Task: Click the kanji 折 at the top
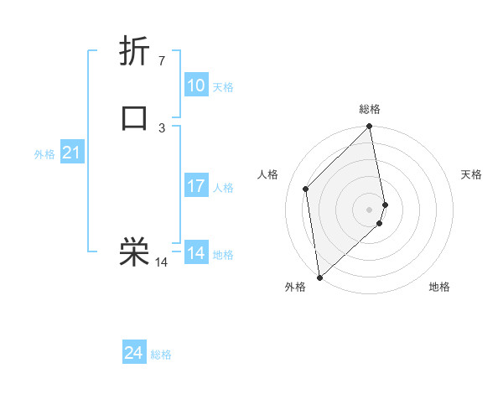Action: [135, 51]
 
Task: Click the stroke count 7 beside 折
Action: [161, 61]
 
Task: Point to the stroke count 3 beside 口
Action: [161, 127]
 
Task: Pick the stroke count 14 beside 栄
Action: [161, 262]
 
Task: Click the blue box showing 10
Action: [196, 86]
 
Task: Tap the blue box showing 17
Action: [196, 186]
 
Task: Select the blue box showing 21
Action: [72, 153]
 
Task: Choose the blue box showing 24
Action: [134, 353]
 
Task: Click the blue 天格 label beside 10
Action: [223, 87]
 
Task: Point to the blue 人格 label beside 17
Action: [223, 188]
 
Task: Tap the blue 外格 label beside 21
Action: [44, 154]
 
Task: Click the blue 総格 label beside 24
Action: [161, 355]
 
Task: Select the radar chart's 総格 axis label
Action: [370, 109]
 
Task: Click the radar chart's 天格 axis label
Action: [471, 174]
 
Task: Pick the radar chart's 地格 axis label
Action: [439, 287]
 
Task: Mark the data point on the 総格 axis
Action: [370, 127]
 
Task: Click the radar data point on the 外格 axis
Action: [319, 277]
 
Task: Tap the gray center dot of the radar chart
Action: [370, 209]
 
